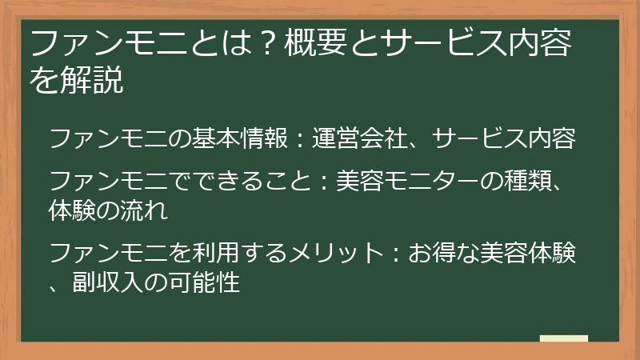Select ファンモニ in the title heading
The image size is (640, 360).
pos(102,45)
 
